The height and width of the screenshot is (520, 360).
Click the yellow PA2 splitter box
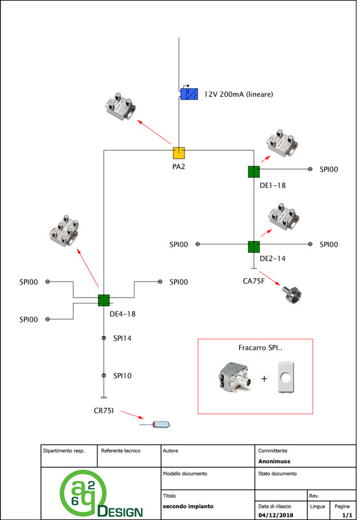pos(179,153)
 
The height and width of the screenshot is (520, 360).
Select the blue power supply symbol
pos(189,94)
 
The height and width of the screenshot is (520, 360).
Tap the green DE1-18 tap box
pos(254,172)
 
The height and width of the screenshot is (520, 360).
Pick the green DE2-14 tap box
pos(254,247)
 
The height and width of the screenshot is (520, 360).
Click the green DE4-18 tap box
pos(104,300)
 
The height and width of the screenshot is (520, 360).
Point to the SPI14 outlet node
pos(104,338)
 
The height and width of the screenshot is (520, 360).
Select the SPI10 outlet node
pos(104,376)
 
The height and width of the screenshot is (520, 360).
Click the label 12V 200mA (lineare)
pos(238,94)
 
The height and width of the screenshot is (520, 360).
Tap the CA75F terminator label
pos(253,281)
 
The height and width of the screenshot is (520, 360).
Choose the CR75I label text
pos(104,411)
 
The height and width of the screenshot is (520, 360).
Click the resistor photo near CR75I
pos(155,424)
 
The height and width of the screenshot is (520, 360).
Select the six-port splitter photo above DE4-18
pos(64,230)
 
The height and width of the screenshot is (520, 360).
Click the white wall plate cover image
pos(285,378)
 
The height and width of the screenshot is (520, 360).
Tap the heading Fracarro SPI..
pos(260,348)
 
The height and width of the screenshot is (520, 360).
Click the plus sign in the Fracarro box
pos(264,378)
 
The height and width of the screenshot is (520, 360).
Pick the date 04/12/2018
pos(276,515)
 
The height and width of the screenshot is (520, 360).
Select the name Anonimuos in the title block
pos(274,461)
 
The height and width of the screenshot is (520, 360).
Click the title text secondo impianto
pos(188,506)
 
